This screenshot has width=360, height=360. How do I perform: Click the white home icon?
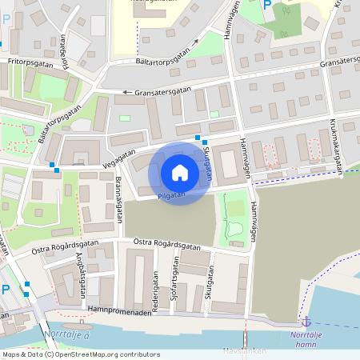180,172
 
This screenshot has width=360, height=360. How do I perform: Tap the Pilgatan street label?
172,195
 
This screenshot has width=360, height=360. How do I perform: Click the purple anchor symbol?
304,321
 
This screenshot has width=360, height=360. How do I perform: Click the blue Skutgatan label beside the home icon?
206,170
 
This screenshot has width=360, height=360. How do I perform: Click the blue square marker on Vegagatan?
53,166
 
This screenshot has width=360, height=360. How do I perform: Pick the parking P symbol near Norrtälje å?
6,289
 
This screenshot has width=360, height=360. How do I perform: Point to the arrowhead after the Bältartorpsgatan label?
195,42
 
